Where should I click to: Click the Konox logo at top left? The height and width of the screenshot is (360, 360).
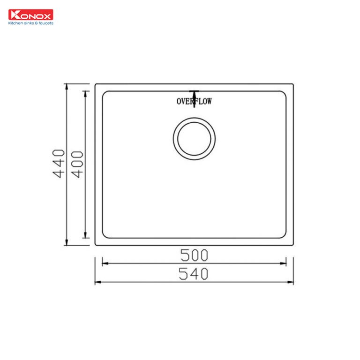pyautogui.click(x=31, y=15)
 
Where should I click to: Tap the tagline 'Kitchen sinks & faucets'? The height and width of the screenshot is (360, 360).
pyautogui.click(x=31, y=22)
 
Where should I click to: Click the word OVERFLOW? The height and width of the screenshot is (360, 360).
pyautogui.click(x=194, y=101)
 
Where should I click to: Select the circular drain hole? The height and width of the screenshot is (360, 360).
pyautogui.click(x=194, y=139)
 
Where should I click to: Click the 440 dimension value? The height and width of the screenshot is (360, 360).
pyautogui.click(x=58, y=164)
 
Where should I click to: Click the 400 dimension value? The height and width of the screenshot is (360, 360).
pyautogui.click(x=78, y=164)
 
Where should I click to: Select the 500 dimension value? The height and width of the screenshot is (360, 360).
pyautogui.click(x=194, y=255)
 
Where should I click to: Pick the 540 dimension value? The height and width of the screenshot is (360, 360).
pyautogui.click(x=194, y=274)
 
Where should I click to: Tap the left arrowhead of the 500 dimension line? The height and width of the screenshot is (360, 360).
pyautogui.click(x=105, y=263)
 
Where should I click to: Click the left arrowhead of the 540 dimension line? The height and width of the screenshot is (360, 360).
pyautogui.click(x=97, y=282)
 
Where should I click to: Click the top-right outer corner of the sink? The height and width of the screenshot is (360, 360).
pyautogui.click(x=293, y=85)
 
